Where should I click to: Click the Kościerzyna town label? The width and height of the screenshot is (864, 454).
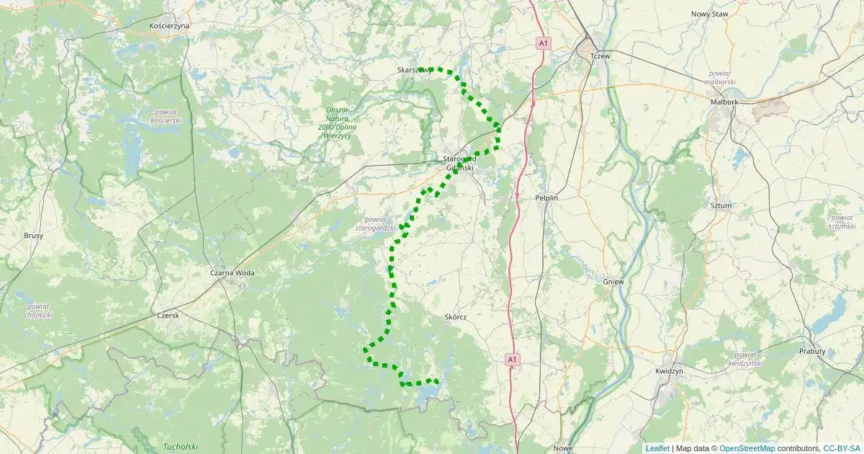pyautogui.click(x=169, y=25)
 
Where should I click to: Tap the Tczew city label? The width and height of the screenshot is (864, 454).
pyautogui.click(x=599, y=56)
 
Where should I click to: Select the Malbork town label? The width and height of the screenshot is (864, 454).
pyautogui.click(x=724, y=102)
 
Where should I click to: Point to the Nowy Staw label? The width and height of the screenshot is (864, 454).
pyautogui.click(x=710, y=14)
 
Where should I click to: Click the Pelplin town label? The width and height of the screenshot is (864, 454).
pyautogui.click(x=546, y=197)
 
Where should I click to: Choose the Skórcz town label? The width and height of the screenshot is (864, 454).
pyautogui.click(x=456, y=317)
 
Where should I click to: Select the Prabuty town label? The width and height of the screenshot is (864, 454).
pyautogui.click(x=812, y=351)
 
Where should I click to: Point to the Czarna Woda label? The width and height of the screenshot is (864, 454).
pyautogui.click(x=232, y=273)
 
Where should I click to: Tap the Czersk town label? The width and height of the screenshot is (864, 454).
pyautogui.click(x=167, y=315)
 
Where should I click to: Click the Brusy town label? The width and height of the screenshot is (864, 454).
pyautogui.click(x=34, y=236)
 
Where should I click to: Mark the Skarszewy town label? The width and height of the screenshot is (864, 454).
pyautogui.click(x=414, y=70)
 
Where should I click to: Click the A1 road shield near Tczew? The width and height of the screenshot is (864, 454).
pyautogui.click(x=544, y=44)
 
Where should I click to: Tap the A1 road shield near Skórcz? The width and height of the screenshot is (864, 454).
pyautogui.click(x=512, y=358)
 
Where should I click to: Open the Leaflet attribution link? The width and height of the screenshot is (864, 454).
pyautogui.click(x=657, y=448)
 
